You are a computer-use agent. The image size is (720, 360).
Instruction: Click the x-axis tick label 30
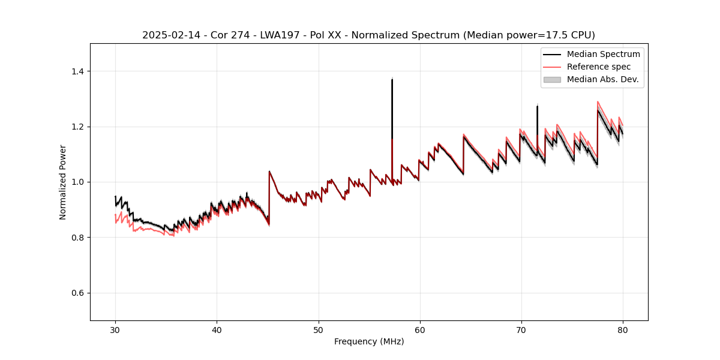pos(116,329)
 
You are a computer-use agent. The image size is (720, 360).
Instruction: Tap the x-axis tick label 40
pos(217,329)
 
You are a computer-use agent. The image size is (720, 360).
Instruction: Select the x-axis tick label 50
pos(319,329)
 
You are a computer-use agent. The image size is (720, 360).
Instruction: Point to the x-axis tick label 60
pos(420,329)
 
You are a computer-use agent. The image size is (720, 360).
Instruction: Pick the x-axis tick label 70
pos(521,329)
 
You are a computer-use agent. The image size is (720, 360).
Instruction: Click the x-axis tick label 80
pos(623,329)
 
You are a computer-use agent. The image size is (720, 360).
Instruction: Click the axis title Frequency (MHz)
pos(369,341)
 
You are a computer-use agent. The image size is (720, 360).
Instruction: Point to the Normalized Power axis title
pos(63,182)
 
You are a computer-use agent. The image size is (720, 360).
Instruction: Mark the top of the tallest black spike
pos(392,79)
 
